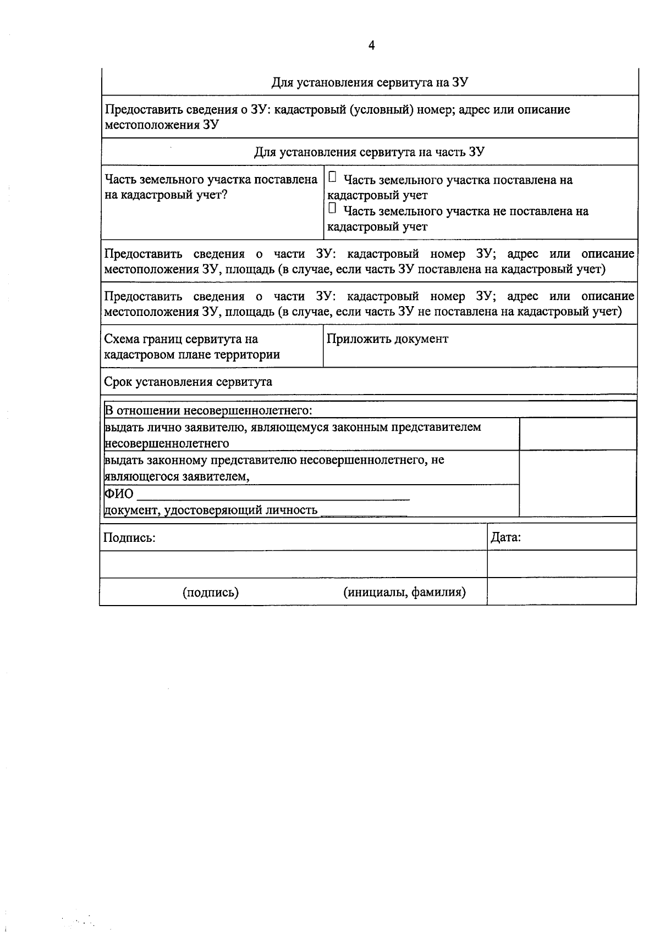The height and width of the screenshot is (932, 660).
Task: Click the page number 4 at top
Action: point(371,46)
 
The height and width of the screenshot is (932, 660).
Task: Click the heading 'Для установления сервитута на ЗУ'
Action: point(370,82)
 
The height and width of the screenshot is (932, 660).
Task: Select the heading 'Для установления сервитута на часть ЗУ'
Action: point(369,152)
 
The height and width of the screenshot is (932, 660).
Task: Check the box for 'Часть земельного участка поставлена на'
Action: point(332,177)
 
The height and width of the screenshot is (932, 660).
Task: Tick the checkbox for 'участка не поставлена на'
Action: point(332,209)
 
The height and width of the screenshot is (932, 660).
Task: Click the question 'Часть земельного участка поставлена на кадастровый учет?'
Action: point(211,187)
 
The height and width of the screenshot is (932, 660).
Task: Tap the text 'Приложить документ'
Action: point(387,339)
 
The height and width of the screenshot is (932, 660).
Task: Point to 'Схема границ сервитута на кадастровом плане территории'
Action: point(192,347)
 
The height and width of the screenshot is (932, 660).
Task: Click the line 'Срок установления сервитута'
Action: point(188,381)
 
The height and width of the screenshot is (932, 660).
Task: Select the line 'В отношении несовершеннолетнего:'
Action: point(208,410)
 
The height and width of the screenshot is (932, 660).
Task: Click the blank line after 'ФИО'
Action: point(273,495)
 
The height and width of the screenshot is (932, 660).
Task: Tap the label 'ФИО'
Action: point(119,493)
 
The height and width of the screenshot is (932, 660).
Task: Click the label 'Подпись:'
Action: point(129,538)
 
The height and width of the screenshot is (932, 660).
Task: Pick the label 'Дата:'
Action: point(505,537)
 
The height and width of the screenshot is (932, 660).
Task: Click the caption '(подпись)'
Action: point(211,592)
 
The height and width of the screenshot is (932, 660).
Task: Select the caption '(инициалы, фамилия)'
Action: point(405,592)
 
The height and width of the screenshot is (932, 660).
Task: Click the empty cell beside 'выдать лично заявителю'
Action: point(577,434)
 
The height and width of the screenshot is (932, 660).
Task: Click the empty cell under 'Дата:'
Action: point(562,564)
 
